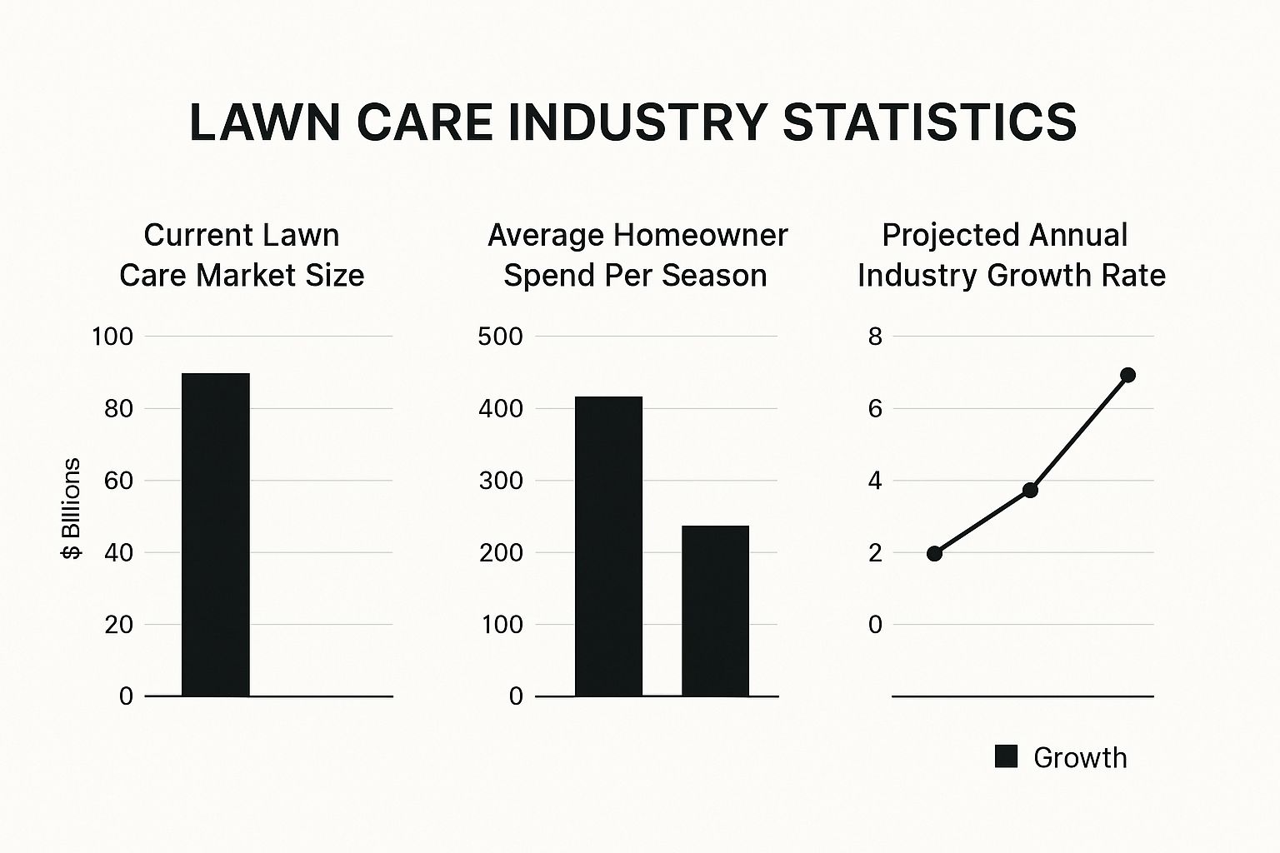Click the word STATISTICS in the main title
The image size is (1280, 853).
click(x=929, y=122)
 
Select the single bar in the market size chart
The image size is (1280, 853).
click(x=215, y=534)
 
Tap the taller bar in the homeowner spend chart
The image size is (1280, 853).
click(x=608, y=546)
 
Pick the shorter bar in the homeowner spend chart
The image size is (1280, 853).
click(x=715, y=611)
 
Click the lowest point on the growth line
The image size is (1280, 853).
click(x=934, y=554)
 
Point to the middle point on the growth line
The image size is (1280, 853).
click(x=1030, y=490)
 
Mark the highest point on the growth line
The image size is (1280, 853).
click(x=1127, y=375)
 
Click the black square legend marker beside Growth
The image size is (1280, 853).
click(x=1007, y=756)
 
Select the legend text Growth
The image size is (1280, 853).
click(x=1080, y=757)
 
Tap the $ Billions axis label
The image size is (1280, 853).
click(x=72, y=508)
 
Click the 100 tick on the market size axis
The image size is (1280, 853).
click(x=112, y=337)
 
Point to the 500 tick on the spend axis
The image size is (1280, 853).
click(x=500, y=337)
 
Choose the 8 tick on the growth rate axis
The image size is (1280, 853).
click(x=875, y=337)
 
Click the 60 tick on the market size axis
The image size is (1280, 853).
click(x=118, y=481)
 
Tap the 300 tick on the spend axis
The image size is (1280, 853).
click(x=500, y=481)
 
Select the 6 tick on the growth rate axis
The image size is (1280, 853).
click(x=875, y=408)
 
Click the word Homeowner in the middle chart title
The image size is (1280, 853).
click(x=701, y=236)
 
